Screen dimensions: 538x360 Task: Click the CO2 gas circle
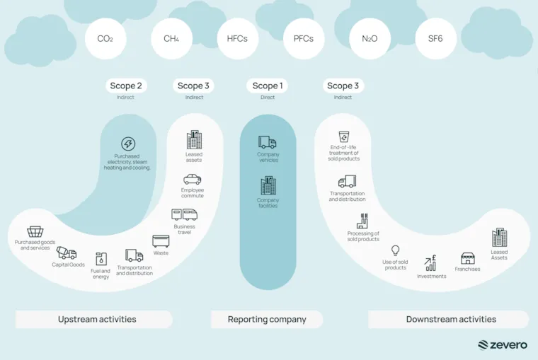[x=105, y=39]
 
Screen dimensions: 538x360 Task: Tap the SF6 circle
[x=436, y=39]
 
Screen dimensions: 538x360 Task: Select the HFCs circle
[x=237, y=39]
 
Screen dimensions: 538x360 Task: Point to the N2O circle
[x=370, y=39]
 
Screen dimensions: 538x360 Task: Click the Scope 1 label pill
[x=268, y=86]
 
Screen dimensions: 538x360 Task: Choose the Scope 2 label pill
[x=126, y=86]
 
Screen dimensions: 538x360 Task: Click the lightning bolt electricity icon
[x=128, y=144]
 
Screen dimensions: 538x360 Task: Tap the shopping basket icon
[x=35, y=232]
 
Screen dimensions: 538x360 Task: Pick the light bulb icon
[x=395, y=250]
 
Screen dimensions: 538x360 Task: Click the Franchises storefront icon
[x=468, y=259]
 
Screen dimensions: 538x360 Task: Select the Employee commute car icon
[x=192, y=180]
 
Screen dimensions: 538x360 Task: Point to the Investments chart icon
[x=430, y=263]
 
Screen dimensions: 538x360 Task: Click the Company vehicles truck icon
[x=268, y=142]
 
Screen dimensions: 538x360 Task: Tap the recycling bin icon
[x=344, y=136]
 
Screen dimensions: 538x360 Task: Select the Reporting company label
[x=267, y=320]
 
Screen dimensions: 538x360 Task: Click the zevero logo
[x=503, y=345]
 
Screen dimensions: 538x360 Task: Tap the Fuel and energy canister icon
[x=101, y=259]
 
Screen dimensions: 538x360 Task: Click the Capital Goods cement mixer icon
[x=67, y=253]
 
